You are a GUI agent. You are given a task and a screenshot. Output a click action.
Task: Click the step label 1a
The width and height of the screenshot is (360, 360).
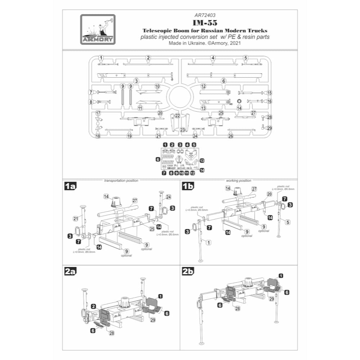click(70, 186)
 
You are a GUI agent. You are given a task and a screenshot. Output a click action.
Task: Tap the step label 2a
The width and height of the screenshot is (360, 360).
click(70, 272)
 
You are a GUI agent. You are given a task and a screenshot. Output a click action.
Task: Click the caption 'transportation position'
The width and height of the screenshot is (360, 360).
click(121, 180)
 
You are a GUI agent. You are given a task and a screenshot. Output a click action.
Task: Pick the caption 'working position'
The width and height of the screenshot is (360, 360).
click(238, 180)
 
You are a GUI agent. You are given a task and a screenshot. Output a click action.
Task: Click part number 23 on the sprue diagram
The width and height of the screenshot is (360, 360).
click(183, 130)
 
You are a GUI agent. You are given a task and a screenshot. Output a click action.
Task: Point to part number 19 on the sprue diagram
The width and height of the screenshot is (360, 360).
click(130, 136)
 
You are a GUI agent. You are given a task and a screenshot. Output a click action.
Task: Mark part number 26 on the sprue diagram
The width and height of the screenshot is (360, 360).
click(231, 136)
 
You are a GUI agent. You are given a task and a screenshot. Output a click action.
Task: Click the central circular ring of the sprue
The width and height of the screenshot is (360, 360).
click(180, 98)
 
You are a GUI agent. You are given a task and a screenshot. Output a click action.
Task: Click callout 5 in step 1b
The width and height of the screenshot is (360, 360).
click(288, 222)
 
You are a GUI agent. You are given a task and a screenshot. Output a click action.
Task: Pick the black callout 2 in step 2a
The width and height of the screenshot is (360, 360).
click(93, 306)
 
